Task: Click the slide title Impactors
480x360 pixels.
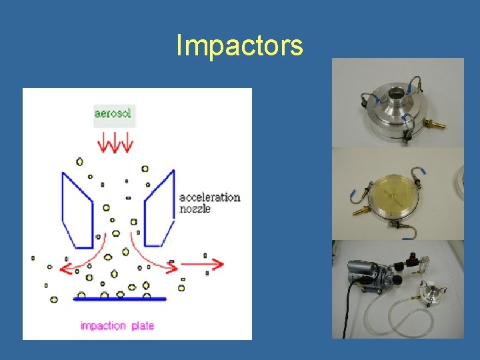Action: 239,46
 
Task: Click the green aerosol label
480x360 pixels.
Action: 114,114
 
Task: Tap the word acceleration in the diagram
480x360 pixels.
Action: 209,197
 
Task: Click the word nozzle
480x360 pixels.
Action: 195,209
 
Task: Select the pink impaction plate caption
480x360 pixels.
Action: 117,325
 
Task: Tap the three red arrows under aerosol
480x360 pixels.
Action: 115,142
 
